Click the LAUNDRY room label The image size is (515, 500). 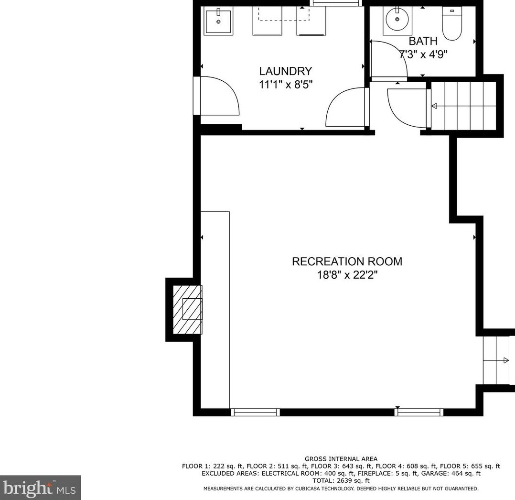[x=285, y=71]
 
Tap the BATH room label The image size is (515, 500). [x=422, y=41]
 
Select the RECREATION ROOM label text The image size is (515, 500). [x=347, y=261]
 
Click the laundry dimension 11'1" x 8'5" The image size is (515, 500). [x=285, y=84]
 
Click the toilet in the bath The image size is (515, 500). [x=451, y=23]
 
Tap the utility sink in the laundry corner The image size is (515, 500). [x=218, y=22]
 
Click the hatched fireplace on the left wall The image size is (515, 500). [x=187, y=309]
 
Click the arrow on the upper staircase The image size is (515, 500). [x=434, y=106]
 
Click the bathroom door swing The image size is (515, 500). [x=388, y=59]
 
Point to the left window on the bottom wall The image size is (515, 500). [x=255, y=412]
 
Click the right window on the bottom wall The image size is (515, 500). [x=419, y=412]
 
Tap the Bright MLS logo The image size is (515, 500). [x=40, y=488]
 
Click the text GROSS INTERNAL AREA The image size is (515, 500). [x=341, y=459]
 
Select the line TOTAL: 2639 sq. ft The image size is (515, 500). [x=341, y=480]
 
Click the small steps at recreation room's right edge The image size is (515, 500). [x=497, y=360]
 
